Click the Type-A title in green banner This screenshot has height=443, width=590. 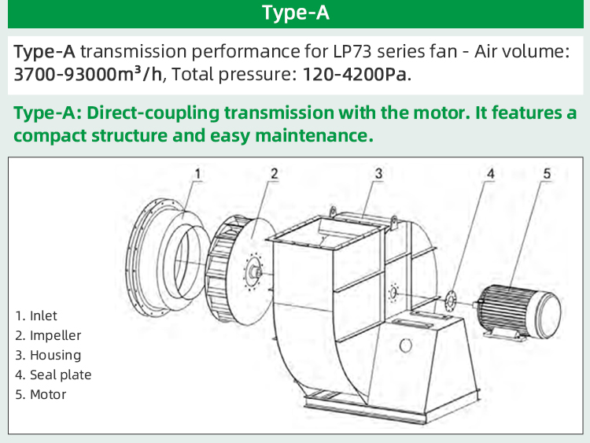click(295, 13)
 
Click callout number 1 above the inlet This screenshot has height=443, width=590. click(198, 172)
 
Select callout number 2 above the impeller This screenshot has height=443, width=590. click(274, 172)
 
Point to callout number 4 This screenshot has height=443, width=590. click(490, 172)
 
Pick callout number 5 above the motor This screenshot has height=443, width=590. click(546, 172)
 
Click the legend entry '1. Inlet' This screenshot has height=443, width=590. click(36, 316)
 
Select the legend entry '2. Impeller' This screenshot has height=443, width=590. click(48, 335)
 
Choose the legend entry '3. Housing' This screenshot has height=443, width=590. click(47, 355)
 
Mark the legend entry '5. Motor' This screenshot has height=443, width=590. click(40, 394)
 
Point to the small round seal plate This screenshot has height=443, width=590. click(452, 300)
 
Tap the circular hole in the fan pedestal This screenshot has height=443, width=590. click(405, 344)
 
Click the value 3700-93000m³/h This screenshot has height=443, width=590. click(87, 76)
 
